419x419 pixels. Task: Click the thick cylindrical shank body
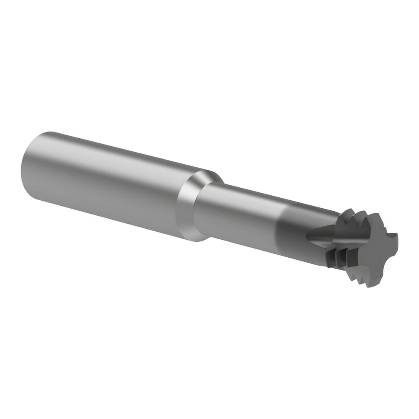click(x=105, y=184)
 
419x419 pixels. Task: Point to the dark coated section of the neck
click(x=293, y=230)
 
